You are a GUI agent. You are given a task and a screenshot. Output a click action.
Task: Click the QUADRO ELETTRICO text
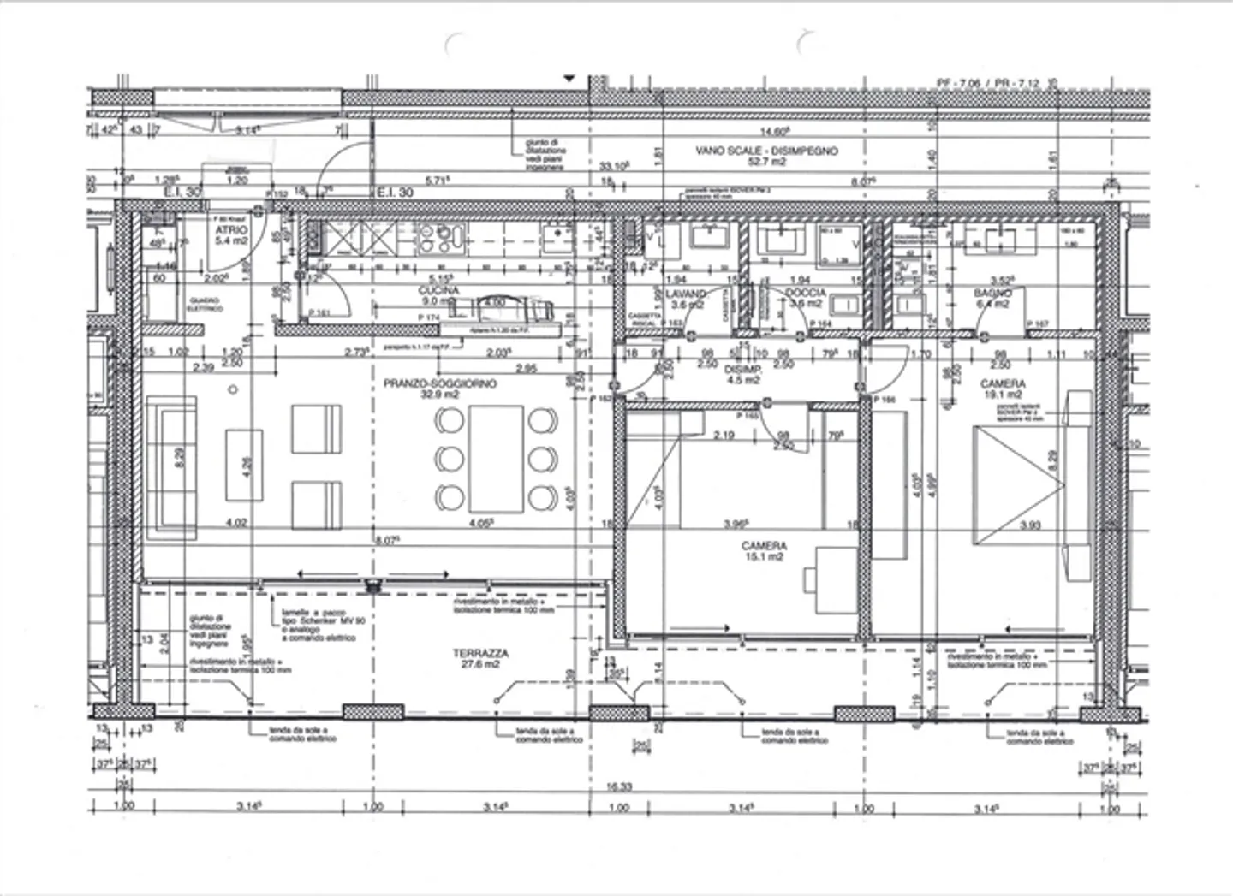pyautogui.click(x=205, y=305)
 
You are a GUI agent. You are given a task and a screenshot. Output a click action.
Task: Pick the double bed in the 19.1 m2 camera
pyautogui.click(x=1019, y=484)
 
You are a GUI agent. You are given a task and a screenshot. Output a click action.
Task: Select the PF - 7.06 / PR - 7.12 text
pyautogui.click(x=988, y=83)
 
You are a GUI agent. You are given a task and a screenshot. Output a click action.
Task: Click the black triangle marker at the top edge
pyautogui.click(x=567, y=78)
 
